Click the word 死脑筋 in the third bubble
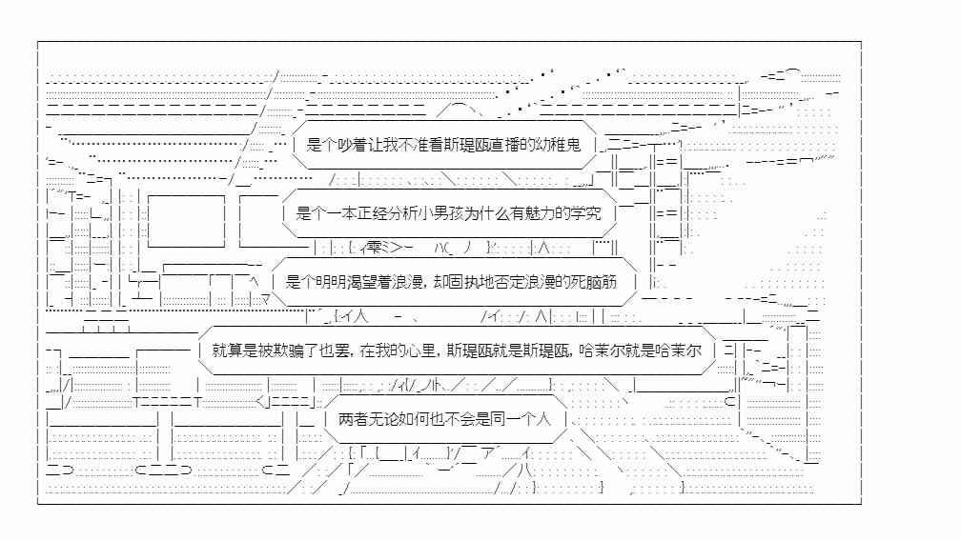595,282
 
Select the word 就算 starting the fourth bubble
227,351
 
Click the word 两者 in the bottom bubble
353,419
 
